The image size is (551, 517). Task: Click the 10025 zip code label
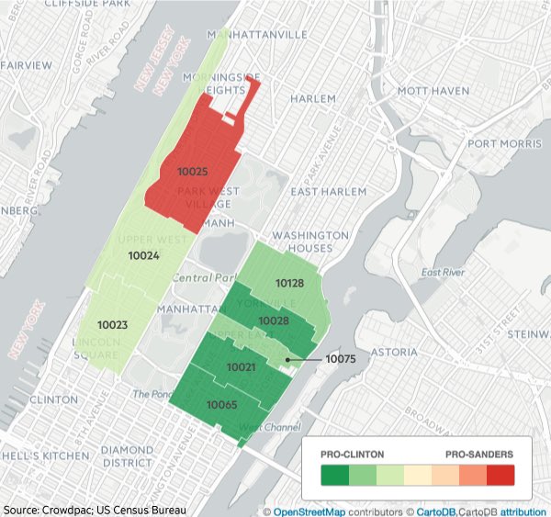coord(193,172)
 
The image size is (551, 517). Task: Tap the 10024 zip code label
coord(143,256)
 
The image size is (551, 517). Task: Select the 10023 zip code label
coord(112,325)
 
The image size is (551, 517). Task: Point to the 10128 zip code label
coord(289,286)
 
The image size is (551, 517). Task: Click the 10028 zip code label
coord(274,320)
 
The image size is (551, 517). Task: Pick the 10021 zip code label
coord(241,367)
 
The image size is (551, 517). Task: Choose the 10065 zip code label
coord(221,405)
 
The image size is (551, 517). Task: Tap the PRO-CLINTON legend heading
coord(353,455)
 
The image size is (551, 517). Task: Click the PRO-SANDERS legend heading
coord(479,455)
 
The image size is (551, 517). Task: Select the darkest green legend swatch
coord(334,475)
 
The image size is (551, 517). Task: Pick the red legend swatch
coord(500,475)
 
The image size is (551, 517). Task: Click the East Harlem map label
coord(328,191)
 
